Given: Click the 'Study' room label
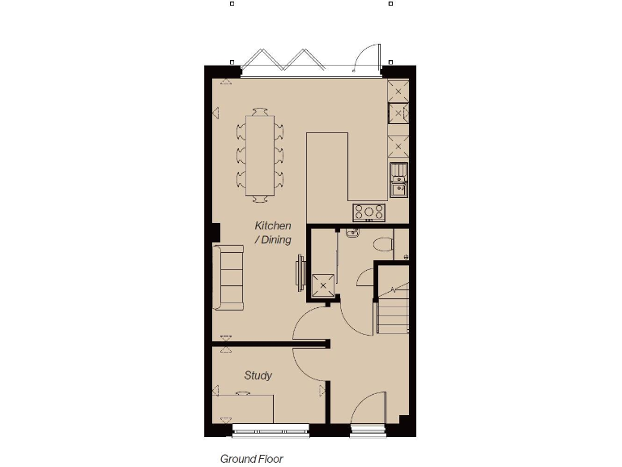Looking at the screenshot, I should (x=258, y=375).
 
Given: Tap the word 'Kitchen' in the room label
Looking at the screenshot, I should (x=273, y=225).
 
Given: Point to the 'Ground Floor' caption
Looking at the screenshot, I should (x=252, y=459).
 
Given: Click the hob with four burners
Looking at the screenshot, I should (x=369, y=212).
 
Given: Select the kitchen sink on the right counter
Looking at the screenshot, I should (x=398, y=181).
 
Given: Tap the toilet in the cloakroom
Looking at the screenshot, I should (x=383, y=243).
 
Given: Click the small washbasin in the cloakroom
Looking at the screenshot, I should (x=351, y=233).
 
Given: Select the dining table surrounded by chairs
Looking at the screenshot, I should (x=261, y=154).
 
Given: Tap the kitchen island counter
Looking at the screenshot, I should (x=327, y=166).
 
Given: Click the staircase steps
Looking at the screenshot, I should (x=393, y=308).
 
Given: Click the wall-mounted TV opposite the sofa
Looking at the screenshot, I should (x=300, y=272).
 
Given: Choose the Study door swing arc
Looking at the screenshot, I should (x=308, y=365).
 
